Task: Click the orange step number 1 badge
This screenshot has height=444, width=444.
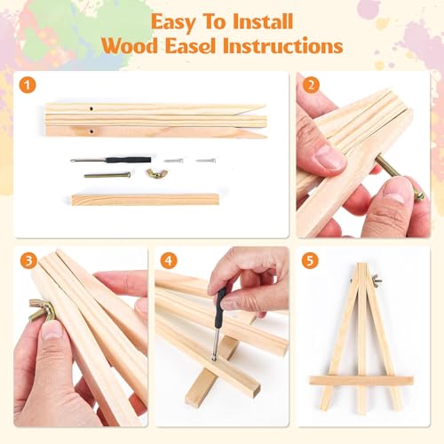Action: coord(28,86)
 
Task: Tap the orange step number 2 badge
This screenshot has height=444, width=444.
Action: coord(311,85)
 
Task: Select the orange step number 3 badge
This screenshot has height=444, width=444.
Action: coord(28,261)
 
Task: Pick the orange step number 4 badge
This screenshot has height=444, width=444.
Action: coord(169,261)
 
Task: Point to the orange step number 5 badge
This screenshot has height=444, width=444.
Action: coord(310,261)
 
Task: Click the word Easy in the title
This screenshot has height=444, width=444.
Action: coord(173,22)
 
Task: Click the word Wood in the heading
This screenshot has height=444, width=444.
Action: coord(130,46)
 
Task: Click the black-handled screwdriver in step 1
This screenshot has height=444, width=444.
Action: coord(111,160)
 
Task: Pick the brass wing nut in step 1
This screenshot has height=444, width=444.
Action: coord(156,174)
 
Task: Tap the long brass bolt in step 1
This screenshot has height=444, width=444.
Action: coord(107,175)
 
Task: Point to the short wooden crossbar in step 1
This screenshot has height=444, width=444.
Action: coord(145,199)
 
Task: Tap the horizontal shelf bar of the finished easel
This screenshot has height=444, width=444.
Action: coord(361,380)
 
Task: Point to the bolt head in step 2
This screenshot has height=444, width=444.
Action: coord(420,196)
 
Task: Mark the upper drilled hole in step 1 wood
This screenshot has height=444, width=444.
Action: coord(91,108)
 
